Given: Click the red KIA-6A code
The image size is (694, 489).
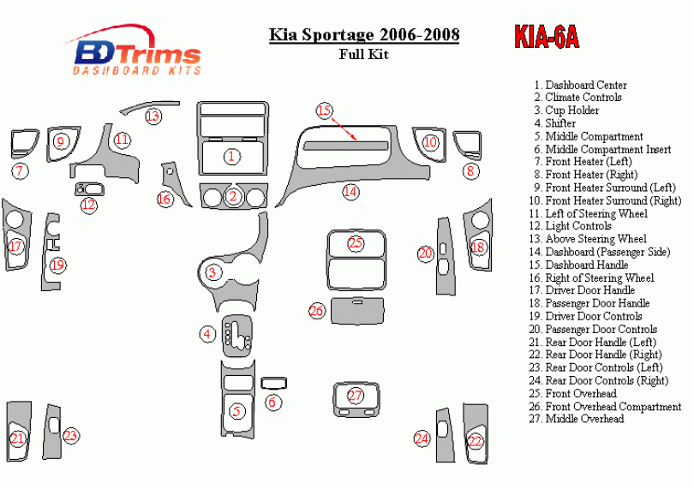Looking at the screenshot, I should (547, 38).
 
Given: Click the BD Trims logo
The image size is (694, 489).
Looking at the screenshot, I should (137, 53).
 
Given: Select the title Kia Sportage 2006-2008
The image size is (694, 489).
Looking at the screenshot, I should (364, 35).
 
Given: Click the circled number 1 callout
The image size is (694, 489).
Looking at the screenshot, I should (231, 156).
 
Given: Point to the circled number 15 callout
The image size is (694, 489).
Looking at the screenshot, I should (323, 110).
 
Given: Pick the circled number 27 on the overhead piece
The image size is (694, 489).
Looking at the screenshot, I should (356, 396).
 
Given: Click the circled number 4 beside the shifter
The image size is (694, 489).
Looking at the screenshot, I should (207, 334).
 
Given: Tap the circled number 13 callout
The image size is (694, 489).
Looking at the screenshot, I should (153, 116).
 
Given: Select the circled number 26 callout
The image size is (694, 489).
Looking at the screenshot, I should (317, 311).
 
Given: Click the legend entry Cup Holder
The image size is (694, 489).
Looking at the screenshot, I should (571, 110).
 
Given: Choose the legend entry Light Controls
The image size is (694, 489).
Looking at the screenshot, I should (577, 226).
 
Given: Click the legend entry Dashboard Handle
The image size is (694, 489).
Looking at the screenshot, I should (586, 265).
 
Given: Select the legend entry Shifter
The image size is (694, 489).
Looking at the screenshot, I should (560, 123).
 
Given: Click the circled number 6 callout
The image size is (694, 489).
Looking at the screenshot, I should (272, 403).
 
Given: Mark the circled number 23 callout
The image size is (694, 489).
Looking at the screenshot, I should (71, 436).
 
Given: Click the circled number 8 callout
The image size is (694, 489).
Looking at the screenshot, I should (470, 171).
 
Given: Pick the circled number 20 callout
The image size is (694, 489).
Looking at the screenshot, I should (425, 253).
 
